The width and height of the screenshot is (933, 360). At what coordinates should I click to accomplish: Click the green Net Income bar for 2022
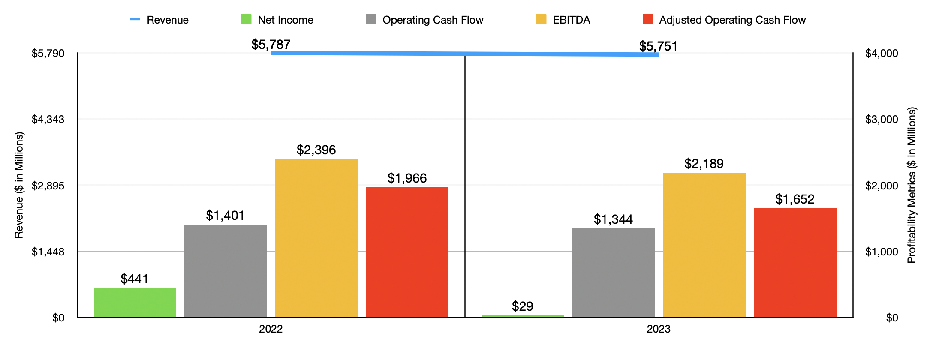[135, 303]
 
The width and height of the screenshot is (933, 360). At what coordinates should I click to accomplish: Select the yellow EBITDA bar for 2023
[704, 245]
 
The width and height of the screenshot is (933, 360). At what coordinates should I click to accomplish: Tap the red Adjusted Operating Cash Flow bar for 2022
[407, 252]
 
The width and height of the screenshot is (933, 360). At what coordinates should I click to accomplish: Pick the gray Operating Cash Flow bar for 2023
[613, 273]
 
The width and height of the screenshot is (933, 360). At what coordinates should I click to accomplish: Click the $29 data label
[522, 306]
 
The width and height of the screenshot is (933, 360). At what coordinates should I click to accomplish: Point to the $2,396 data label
[316, 150]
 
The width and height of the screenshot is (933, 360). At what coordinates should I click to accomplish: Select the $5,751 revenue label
[658, 46]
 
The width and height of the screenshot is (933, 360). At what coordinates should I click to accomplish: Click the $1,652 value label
[795, 199]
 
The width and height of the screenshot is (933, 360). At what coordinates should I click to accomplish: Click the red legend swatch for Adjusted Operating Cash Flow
[647, 20]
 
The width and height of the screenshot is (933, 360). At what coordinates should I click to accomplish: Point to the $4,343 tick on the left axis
[48, 119]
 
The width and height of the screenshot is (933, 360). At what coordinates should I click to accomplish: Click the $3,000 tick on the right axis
[882, 119]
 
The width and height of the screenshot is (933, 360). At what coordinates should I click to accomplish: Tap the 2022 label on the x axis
[271, 329]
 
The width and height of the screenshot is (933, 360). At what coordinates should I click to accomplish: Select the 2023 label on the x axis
[659, 329]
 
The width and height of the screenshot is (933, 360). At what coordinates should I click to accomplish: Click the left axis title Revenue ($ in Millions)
[19, 185]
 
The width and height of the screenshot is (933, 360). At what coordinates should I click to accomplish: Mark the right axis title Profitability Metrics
[911, 185]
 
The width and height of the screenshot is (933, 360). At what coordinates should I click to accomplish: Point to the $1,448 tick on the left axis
[48, 252]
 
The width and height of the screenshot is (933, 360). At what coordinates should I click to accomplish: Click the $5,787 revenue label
[271, 44]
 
